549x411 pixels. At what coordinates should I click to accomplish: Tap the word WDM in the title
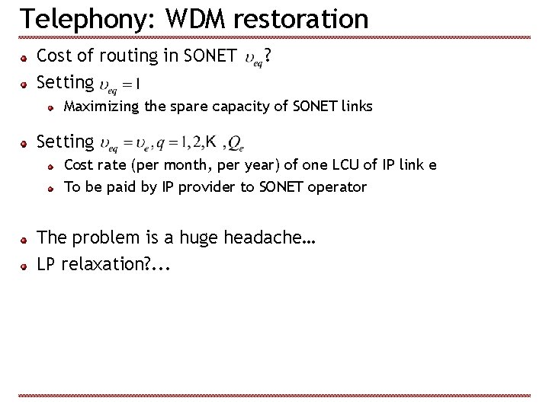pyautogui.click(x=186, y=19)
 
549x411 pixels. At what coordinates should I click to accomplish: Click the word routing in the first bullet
pyautogui.click(x=129, y=56)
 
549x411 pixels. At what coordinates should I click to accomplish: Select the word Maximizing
pyautogui.click(x=101, y=107)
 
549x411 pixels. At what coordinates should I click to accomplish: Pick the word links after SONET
pyautogui.click(x=355, y=107)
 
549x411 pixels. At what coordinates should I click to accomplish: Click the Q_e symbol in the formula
pyautogui.click(x=236, y=143)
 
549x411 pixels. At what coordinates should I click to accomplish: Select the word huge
pyautogui.click(x=197, y=238)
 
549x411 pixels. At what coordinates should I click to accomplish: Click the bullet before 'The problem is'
pyautogui.click(x=25, y=239)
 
